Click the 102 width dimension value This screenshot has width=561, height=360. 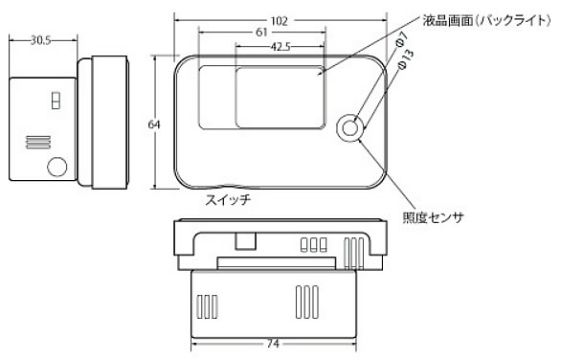click(280, 21)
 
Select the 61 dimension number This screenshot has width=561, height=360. click(261, 33)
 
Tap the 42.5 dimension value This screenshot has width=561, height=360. click(280, 47)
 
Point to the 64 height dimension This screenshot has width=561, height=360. click(154, 124)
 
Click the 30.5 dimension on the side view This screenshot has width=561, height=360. click(40, 40)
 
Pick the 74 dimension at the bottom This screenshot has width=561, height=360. click(273, 344)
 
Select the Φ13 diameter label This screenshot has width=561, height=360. click(406, 58)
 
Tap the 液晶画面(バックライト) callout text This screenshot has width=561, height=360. click(486, 20)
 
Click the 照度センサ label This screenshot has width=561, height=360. click(434, 217)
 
